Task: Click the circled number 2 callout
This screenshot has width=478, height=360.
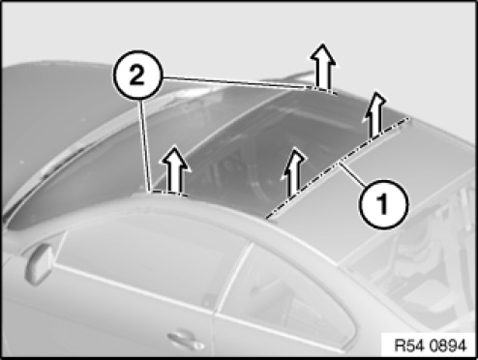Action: pyautogui.click(x=136, y=75)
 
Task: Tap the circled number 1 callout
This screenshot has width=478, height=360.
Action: pyautogui.click(x=384, y=204)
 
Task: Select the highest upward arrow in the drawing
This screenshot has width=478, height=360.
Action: pyautogui.click(x=323, y=67)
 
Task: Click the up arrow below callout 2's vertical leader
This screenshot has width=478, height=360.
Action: pyautogui.click(x=174, y=169)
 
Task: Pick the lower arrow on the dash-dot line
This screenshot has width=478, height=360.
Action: pyautogui.click(x=294, y=171)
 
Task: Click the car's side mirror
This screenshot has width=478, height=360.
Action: pyautogui.click(x=41, y=263)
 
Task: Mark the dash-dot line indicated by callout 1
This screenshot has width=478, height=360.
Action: pyautogui.click(x=338, y=168)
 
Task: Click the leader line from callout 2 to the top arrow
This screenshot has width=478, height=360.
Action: pyautogui.click(x=234, y=82)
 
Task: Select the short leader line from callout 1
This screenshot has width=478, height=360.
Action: pyautogui.click(x=352, y=175)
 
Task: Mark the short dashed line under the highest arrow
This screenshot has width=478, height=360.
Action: pyautogui.click(x=322, y=90)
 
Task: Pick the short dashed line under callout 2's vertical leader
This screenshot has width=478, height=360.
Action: pyautogui.click(x=168, y=193)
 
